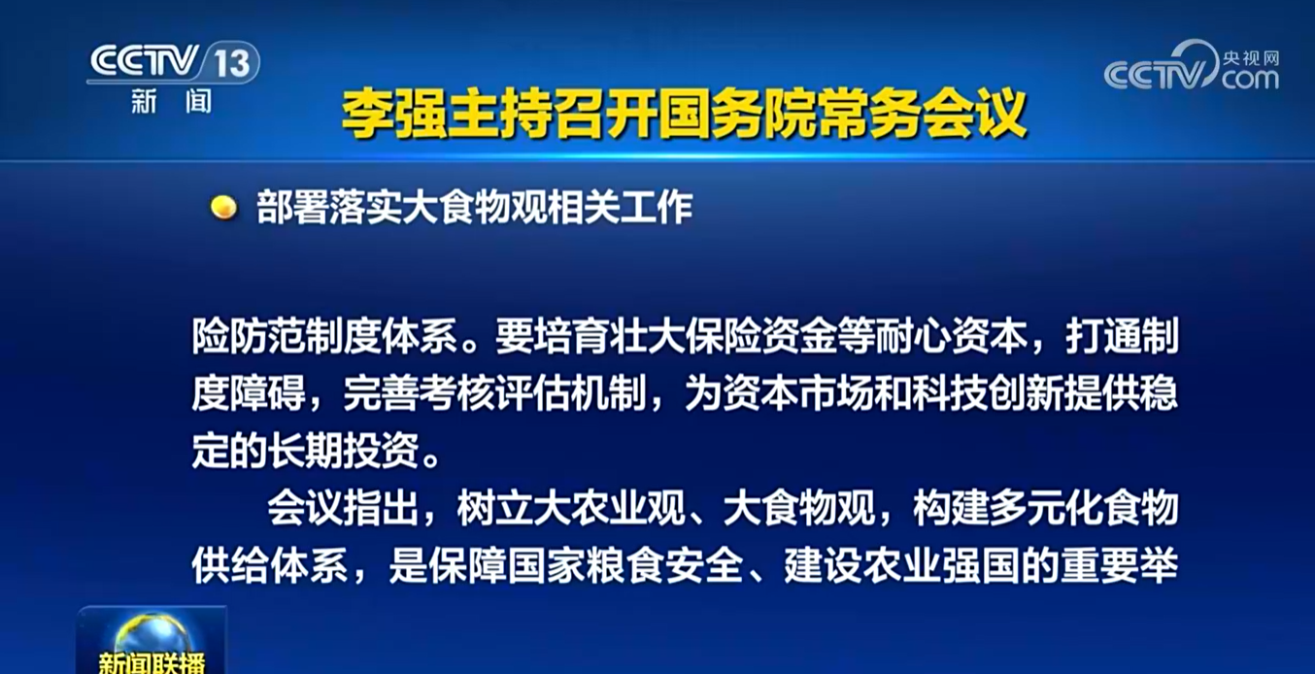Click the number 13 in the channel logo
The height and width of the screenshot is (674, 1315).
[232, 62]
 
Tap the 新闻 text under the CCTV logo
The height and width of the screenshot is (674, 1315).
[172, 102]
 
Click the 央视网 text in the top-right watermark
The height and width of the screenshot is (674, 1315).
[1251, 58]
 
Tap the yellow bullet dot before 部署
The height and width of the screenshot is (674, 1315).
[223, 207]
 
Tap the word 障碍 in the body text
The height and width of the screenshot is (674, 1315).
[268, 393]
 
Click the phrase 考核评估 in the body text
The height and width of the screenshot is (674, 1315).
[495, 393]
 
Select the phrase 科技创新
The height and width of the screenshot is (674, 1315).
[989, 393]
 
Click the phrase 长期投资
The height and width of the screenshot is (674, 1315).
[344, 451]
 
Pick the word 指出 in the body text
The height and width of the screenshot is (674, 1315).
[382, 508]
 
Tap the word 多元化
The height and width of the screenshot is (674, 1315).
[1046, 508]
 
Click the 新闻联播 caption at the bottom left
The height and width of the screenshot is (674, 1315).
[152, 663]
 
